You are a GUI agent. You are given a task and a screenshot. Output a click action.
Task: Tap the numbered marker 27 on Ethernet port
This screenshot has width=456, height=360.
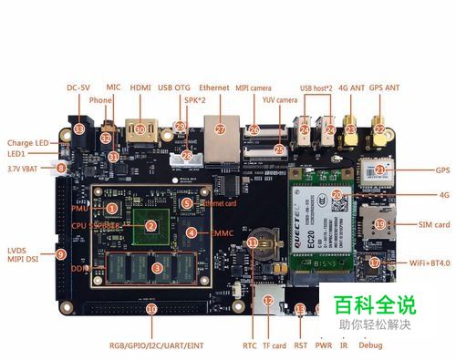(219, 129)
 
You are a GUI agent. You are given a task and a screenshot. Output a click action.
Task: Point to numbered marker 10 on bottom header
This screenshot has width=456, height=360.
(150, 309)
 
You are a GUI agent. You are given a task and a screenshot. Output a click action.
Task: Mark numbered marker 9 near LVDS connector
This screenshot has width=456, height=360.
(61, 255)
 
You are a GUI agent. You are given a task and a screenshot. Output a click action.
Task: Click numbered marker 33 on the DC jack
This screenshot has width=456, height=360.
(79, 130)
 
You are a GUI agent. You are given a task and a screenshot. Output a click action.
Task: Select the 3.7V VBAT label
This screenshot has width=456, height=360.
(26, 169)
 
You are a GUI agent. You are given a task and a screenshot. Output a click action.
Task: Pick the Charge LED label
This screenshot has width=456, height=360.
(28, 142)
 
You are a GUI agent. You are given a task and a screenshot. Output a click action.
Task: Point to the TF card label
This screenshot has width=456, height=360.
(274, 346)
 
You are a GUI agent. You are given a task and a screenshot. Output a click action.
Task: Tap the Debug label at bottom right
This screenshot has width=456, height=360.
(372, 346)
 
